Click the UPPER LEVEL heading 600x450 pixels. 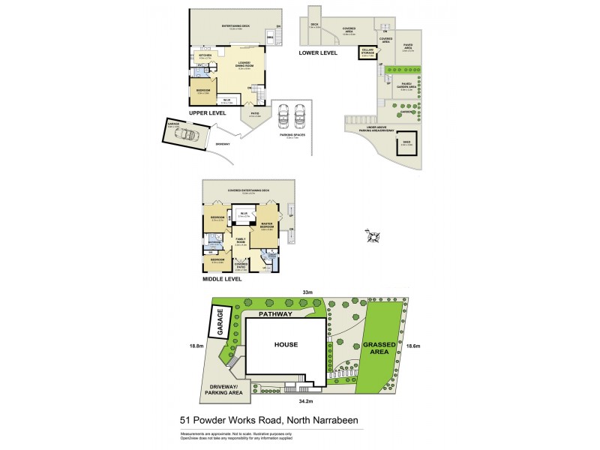tap(207, 112)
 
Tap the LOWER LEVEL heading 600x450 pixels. tap(318, 53)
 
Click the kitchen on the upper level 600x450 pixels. tap(204, 58)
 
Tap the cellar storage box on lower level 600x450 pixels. tap(369, 54)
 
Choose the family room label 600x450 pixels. tap(241, 241)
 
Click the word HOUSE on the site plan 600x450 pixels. tap(286, 345)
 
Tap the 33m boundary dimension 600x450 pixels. tap(307, 292)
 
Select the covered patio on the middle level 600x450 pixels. tap(241, 265)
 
